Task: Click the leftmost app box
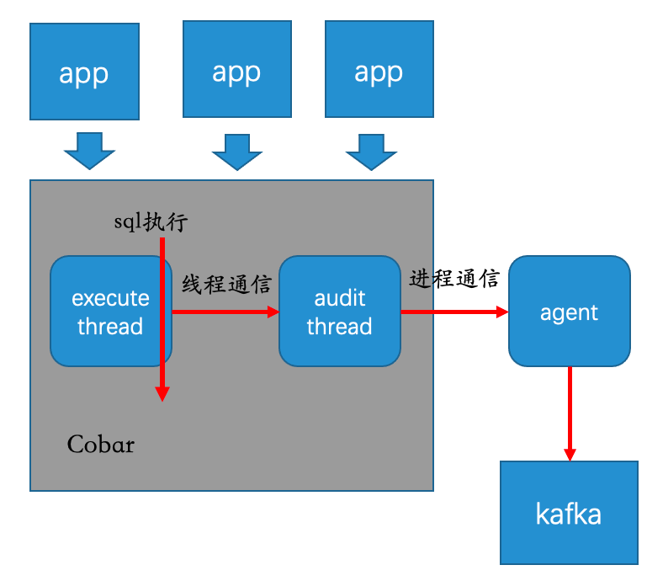coord(85,72)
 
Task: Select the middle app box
coord(237,69)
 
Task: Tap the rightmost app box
coord(379,69)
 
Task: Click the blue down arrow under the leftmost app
coord(89,151)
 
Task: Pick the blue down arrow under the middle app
coord(237,152)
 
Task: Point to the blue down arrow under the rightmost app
coord(371,152)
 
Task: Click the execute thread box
coord(111,311)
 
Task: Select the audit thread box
coord(340,311)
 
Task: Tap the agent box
coord(570,311)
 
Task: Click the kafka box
coord(569,513)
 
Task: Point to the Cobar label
coord(101,445)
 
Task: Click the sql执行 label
coord(151,221)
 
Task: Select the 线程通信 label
coord(227,284)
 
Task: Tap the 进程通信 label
coord(454,279)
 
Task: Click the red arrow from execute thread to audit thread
coord(225,312)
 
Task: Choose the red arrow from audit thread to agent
coord(454,312)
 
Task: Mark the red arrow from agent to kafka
coord(570,413)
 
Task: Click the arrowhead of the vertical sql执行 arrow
coord(162,394)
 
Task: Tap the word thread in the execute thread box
coord(110,326)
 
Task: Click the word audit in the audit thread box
coord(340,298)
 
